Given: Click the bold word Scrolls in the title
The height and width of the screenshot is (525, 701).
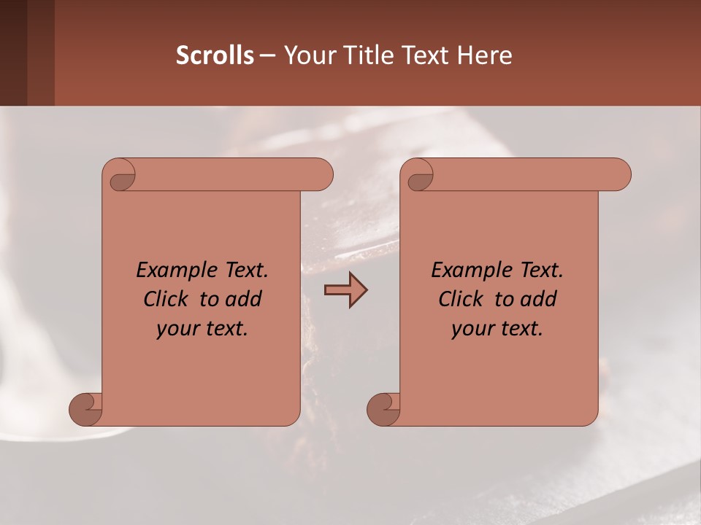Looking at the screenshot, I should tap(215, 55).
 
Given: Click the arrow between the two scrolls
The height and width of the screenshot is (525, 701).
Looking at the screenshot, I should tap(345, 290).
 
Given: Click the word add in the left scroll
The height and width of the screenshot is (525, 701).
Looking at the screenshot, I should tap(243, 300).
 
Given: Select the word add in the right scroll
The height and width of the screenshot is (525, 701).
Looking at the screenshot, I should tap(538, 300).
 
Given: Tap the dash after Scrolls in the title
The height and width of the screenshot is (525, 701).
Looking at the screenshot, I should tap(267, 55).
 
